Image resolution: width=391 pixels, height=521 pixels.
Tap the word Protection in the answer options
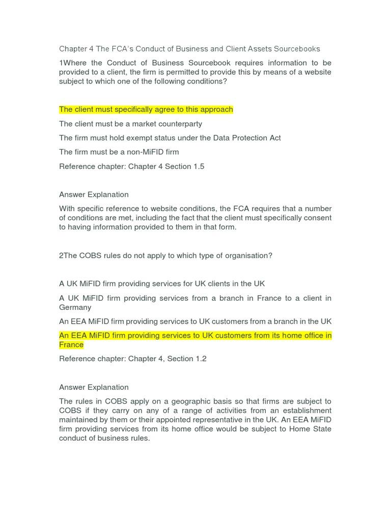tap(235, 138)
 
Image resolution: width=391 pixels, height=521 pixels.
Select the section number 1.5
tap(198, 166)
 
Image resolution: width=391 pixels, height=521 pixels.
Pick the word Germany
tap(75, 307)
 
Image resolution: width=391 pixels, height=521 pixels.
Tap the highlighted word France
tap(71, 345)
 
